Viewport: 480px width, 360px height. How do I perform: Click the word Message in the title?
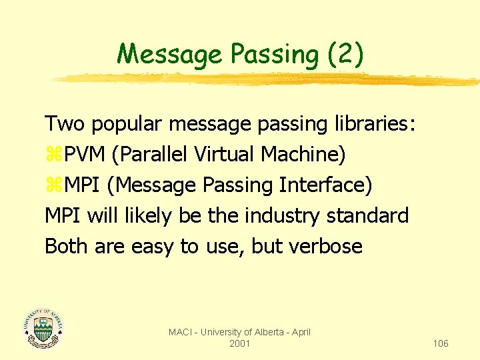click(169, 54)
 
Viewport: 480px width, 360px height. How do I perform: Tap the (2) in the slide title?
click(345, 54)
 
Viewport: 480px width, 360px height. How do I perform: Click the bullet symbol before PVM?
click(51, 155)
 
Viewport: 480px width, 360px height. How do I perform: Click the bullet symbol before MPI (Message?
click(51, 186)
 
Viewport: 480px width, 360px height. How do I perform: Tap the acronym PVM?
click(82, 155)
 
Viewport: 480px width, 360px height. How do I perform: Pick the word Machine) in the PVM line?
click(303, 155)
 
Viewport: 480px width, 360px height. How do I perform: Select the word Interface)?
click(327, 185)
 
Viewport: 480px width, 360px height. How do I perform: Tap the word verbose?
click(326, 247)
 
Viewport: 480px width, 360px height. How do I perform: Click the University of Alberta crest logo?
click(43, 328)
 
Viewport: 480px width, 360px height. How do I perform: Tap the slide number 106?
click(440, 343)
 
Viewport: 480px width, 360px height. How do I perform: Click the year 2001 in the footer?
click(239, 343)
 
